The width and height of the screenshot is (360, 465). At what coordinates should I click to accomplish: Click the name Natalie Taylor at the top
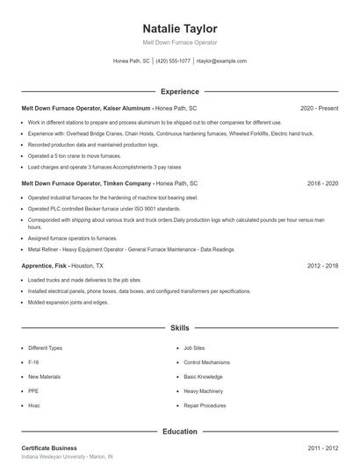point(179,28)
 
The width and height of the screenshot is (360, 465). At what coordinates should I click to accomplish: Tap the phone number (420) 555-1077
point(173,61)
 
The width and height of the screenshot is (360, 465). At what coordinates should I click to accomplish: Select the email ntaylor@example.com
point(221,61)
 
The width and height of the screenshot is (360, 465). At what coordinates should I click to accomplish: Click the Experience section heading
point(179,91)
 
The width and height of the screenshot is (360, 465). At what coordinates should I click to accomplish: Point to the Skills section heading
point(179,328)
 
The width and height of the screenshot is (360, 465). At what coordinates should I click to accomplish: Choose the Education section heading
point(179,432)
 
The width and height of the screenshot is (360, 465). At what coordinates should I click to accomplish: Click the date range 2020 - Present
point(319,108)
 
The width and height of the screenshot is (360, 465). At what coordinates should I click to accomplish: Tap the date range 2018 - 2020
point(322,183)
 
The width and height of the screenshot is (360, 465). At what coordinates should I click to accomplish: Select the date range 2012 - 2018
point(322,265)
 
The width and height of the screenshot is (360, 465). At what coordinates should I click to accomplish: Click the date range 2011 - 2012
point(322,448)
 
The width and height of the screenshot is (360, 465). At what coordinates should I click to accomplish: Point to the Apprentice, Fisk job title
point(43,265)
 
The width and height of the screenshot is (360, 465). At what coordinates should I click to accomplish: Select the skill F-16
point(33,361)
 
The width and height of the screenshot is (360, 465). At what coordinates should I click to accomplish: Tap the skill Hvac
point(34,406)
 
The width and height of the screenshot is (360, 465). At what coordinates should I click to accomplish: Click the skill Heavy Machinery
point(205,391)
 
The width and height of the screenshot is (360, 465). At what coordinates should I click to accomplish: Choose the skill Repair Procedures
point(206,406)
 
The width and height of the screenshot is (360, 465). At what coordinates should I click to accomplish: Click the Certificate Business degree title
point(49,448)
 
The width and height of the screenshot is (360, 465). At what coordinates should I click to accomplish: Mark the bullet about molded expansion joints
point(68,303)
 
